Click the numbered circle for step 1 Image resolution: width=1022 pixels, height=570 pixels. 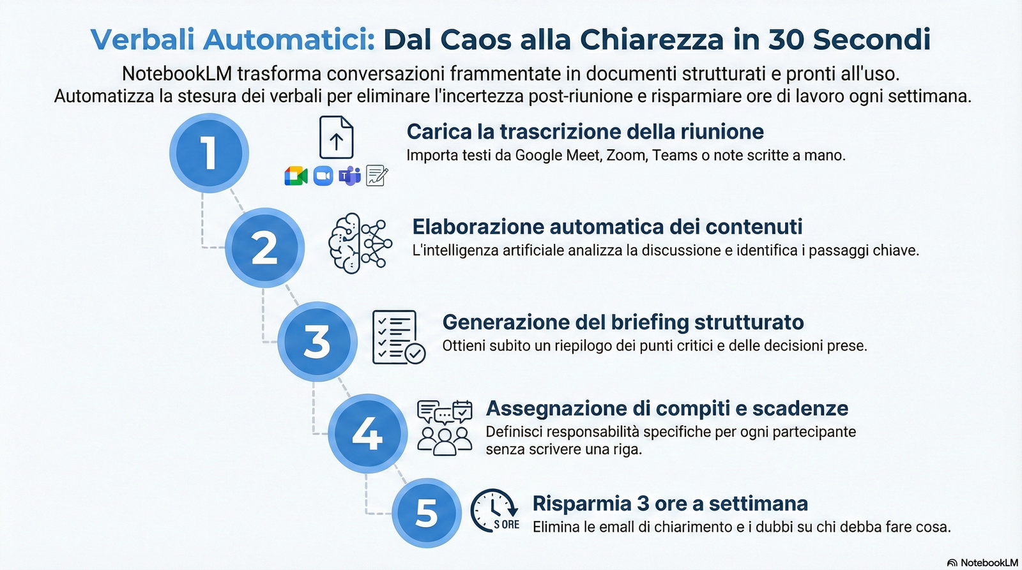point(209,153)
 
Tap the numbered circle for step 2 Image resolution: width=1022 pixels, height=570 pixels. point(264,248)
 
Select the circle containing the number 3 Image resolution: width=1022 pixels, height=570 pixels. point(317,341)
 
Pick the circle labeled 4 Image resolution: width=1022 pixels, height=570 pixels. point(367,433)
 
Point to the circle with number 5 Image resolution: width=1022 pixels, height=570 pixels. point(426,513)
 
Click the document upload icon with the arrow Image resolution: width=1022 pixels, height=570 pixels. point(336,137)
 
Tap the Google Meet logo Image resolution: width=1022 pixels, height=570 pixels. point(296,176)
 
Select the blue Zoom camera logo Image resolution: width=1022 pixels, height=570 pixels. point(323,176)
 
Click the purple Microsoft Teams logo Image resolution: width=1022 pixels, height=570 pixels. point(349,176)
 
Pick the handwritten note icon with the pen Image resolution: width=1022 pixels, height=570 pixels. point(377,176)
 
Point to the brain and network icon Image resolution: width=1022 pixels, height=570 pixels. point(360,243)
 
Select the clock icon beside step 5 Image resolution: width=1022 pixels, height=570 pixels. point(494,511)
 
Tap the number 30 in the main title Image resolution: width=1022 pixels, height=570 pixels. point(786,40)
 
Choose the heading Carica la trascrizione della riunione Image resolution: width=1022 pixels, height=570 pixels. point(585,131)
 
